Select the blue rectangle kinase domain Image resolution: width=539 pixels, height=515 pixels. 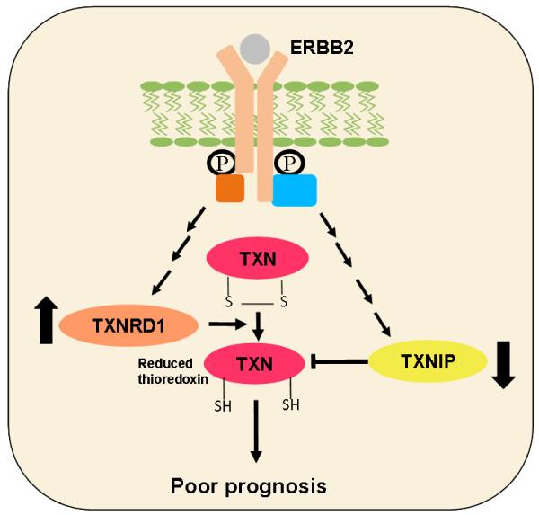[x=293, y=190]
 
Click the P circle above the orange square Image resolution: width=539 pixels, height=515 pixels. [x=221, y=163]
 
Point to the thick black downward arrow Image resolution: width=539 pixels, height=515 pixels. [x=504, y=363]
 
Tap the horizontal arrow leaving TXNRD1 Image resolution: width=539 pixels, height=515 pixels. [x=225, y=321]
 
